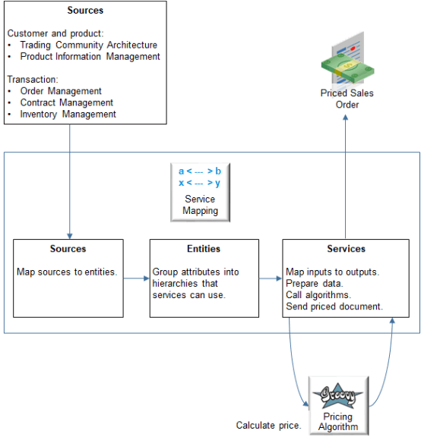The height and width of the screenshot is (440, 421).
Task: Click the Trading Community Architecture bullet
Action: coord(88,46)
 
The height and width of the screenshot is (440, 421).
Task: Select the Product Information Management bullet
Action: coord(90,57)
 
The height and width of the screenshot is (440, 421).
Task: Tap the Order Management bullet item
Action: coord(61,91)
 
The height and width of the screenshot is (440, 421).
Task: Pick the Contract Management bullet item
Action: coord(66,102)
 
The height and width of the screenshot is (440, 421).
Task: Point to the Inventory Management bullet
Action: coord(68,115)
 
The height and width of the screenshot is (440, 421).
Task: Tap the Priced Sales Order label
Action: coord(347,99)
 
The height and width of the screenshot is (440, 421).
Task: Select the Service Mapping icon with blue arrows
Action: coord(200,177)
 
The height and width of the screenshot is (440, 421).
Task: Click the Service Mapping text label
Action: coord(200,204)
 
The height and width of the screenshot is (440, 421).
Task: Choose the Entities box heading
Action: coord(204,249)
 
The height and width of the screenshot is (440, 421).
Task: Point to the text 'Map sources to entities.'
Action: coord(67,272)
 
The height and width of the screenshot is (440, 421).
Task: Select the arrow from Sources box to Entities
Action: coord(136,278)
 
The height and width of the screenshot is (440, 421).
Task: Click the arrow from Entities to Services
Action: coord(270,278)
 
